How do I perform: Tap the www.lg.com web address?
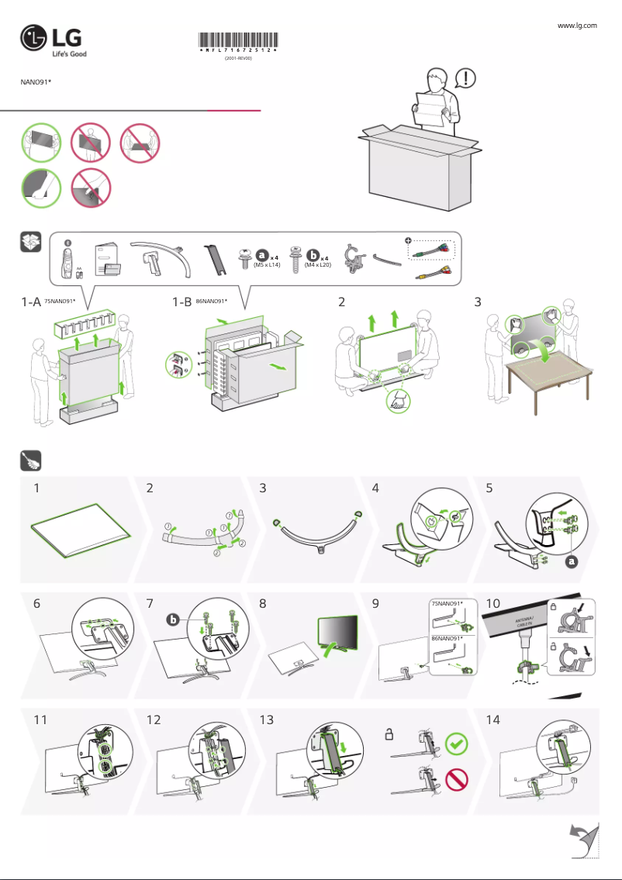click(x=577, y=26)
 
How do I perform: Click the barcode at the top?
click(x=238, y=43)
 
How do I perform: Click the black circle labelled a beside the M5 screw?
click(x=263, y=254)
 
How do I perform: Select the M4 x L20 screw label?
click(x=318, y=265)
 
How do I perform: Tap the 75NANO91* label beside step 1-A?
click(x=59, y=302)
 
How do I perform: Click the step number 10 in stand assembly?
click(x=492, y=603)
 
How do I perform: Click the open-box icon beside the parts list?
click(x=31, y=242)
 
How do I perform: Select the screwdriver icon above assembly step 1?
click(x=31, y=461)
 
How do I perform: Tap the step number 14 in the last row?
click(x=492, y=720)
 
